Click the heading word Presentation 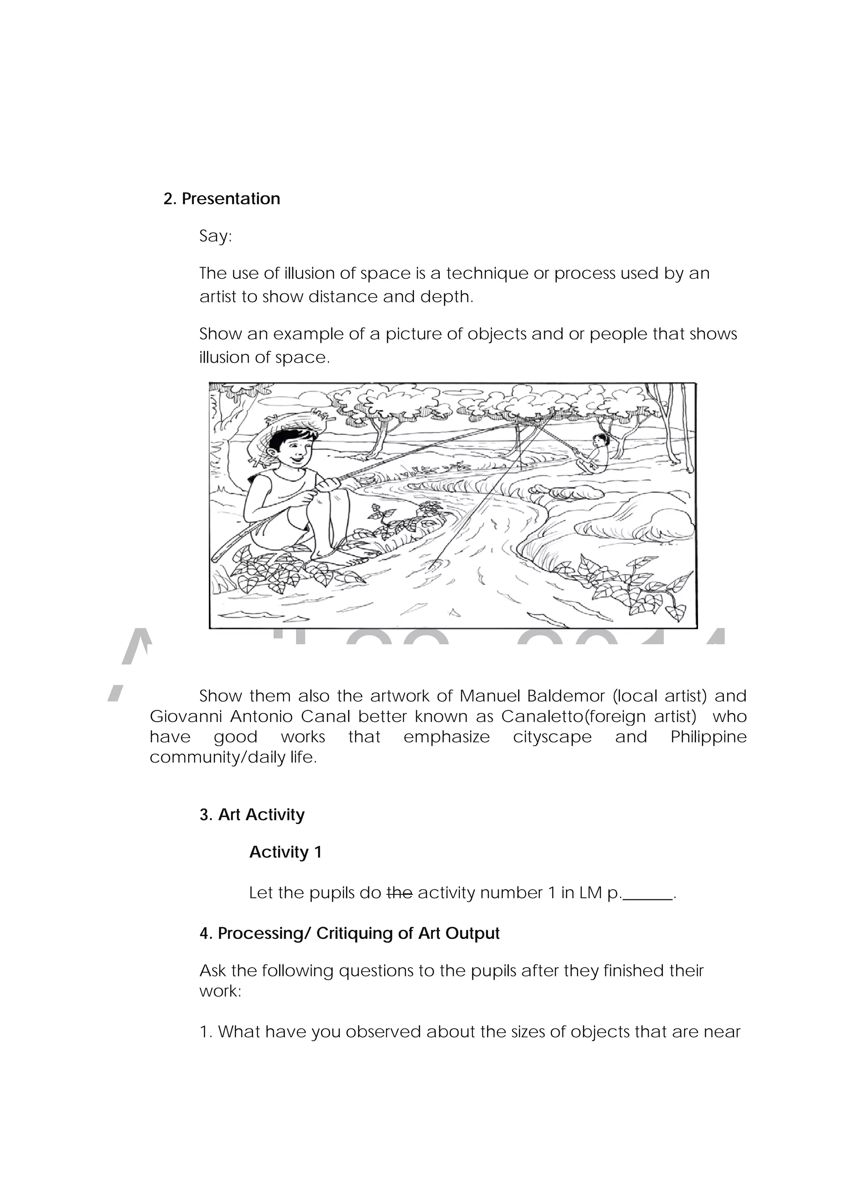tap(231, 199)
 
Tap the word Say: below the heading tap(215, 237)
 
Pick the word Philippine tap(708, 737)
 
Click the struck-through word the tap(400, 893)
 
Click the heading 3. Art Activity tap(252, 815)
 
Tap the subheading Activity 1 tap(285, 852)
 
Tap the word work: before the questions tap(220, 991)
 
